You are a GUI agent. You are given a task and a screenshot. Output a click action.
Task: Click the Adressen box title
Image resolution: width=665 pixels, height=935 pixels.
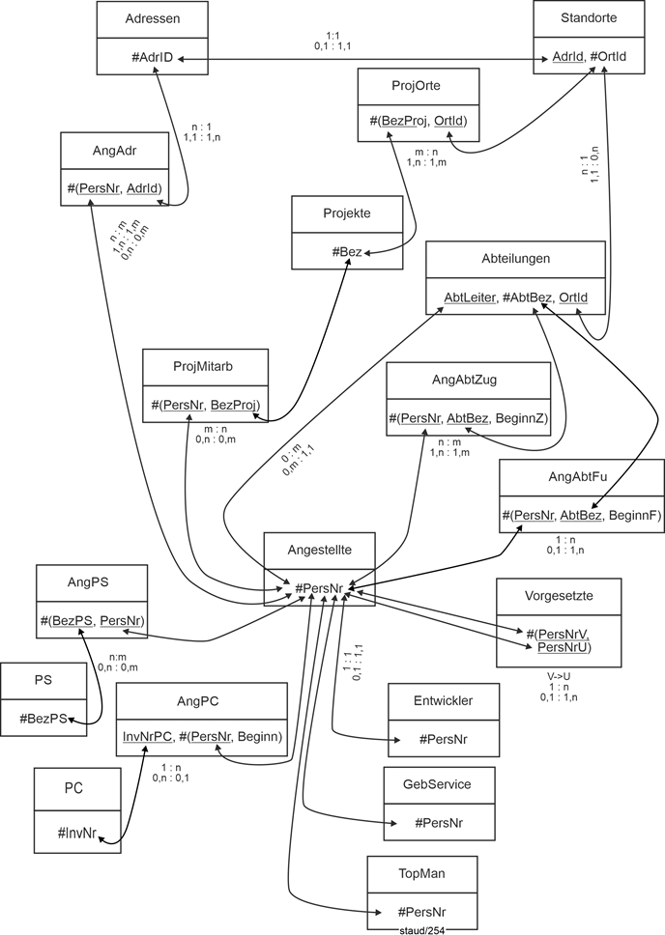click(152, 18)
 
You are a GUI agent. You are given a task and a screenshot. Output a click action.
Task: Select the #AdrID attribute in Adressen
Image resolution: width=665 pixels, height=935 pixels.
click(152, 57)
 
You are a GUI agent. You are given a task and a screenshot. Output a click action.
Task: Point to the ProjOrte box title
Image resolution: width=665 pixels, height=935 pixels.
click(418, 85)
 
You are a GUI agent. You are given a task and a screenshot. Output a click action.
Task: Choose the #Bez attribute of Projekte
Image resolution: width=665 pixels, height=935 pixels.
click(347, 252)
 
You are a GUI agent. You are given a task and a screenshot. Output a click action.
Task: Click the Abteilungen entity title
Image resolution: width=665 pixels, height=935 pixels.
click(516, 258)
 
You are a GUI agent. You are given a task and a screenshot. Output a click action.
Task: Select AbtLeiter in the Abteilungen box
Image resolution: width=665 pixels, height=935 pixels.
click(468, 296)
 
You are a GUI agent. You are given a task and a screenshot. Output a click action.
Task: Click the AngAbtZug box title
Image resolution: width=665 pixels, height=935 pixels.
click(468, 381)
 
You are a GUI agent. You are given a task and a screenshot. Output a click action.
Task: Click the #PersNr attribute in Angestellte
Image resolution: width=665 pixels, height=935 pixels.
click(319, 587)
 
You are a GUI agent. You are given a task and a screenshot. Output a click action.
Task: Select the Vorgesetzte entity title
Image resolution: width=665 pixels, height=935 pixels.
click(558, 597)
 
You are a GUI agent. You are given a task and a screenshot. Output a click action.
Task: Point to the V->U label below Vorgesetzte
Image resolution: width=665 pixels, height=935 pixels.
click(558, 675)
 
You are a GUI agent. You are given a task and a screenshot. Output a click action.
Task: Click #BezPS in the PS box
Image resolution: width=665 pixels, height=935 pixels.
click(45, 718)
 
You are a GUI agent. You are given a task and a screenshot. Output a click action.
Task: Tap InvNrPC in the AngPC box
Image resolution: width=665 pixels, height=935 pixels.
click(146, 737)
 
